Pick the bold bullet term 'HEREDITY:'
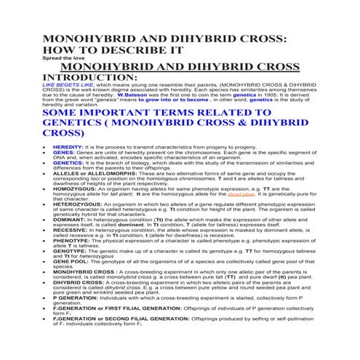pyautogui.click(x=68, y=147)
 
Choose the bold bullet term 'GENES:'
pyautogui.click(x=63, y=155)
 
